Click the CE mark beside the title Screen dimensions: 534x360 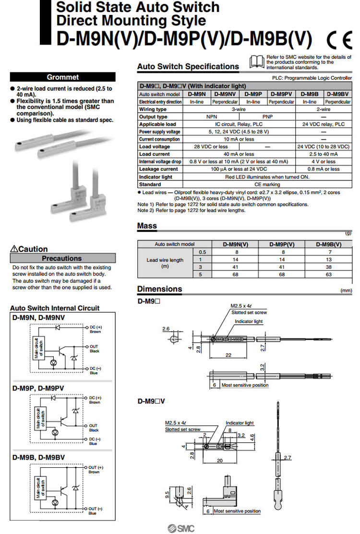click(x=338, y=39)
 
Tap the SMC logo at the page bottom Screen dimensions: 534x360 click(x=180, y=528)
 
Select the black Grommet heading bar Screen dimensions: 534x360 click(x=63, y=77)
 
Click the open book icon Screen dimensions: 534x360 click(x=257, y=61)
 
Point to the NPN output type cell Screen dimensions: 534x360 click(x=211, y=117)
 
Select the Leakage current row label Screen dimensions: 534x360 click(x=158, y=169)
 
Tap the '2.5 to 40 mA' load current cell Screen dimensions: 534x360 click(x=324, y=154)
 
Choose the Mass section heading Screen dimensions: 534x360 click(x=147, y=225)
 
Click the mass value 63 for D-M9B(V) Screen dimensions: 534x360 click(x=329, y=274)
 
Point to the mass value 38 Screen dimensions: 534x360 click(x=329, y=267)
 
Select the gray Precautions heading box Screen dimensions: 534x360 click(x=63, y=258)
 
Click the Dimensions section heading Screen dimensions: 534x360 click(x=160, y=289)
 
